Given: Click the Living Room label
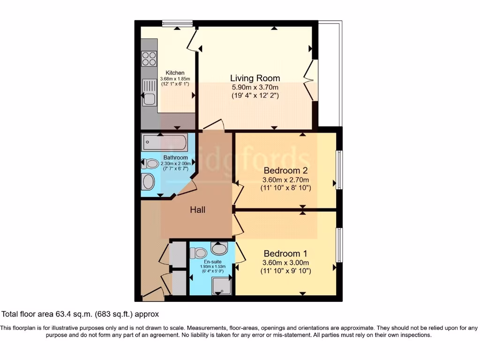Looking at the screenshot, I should (x=255, y=78).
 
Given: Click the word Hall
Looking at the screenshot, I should (x=197, y=210).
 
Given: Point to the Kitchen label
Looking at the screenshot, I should (x=174, y=73).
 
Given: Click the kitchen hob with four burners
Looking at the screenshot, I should (x=149, y=59).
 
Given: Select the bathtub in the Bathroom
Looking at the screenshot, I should (x=165, y=140).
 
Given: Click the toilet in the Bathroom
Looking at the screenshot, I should (x=150, y=164).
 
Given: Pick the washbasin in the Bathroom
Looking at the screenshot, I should (x=148, y=181).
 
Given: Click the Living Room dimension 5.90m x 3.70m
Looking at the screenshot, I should (x=255, y=87).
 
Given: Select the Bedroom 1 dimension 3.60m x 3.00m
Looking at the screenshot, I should (x=285, y=262).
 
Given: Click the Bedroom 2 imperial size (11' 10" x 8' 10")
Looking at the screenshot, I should (x=285, y=188).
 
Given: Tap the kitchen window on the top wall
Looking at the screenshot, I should (x=177, y=23).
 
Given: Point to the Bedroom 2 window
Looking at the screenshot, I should (x=339, y=170).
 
